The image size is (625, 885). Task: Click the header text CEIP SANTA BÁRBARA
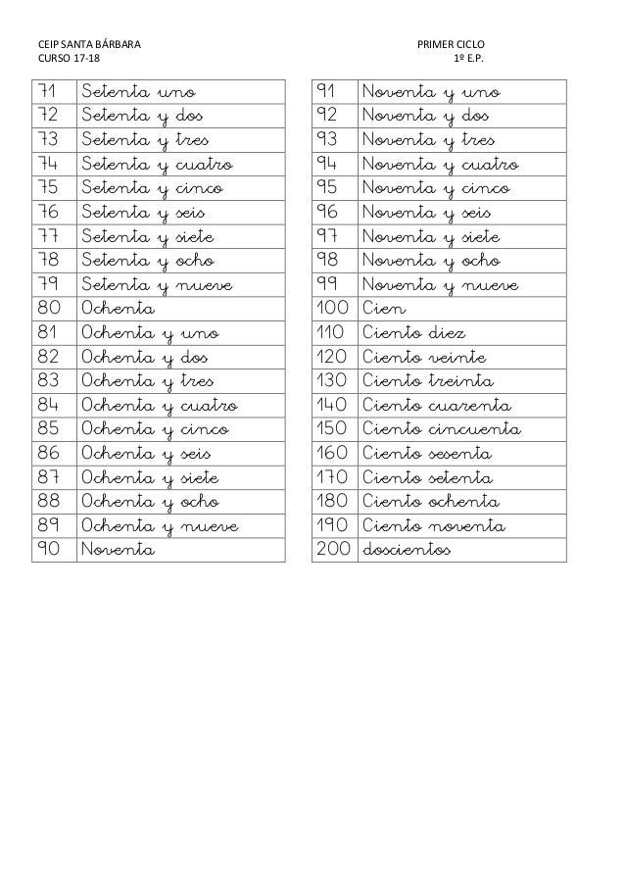(x=87, y=46)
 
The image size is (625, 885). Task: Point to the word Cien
(x=383, y=310)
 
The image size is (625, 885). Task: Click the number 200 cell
(x=332, y=551)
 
